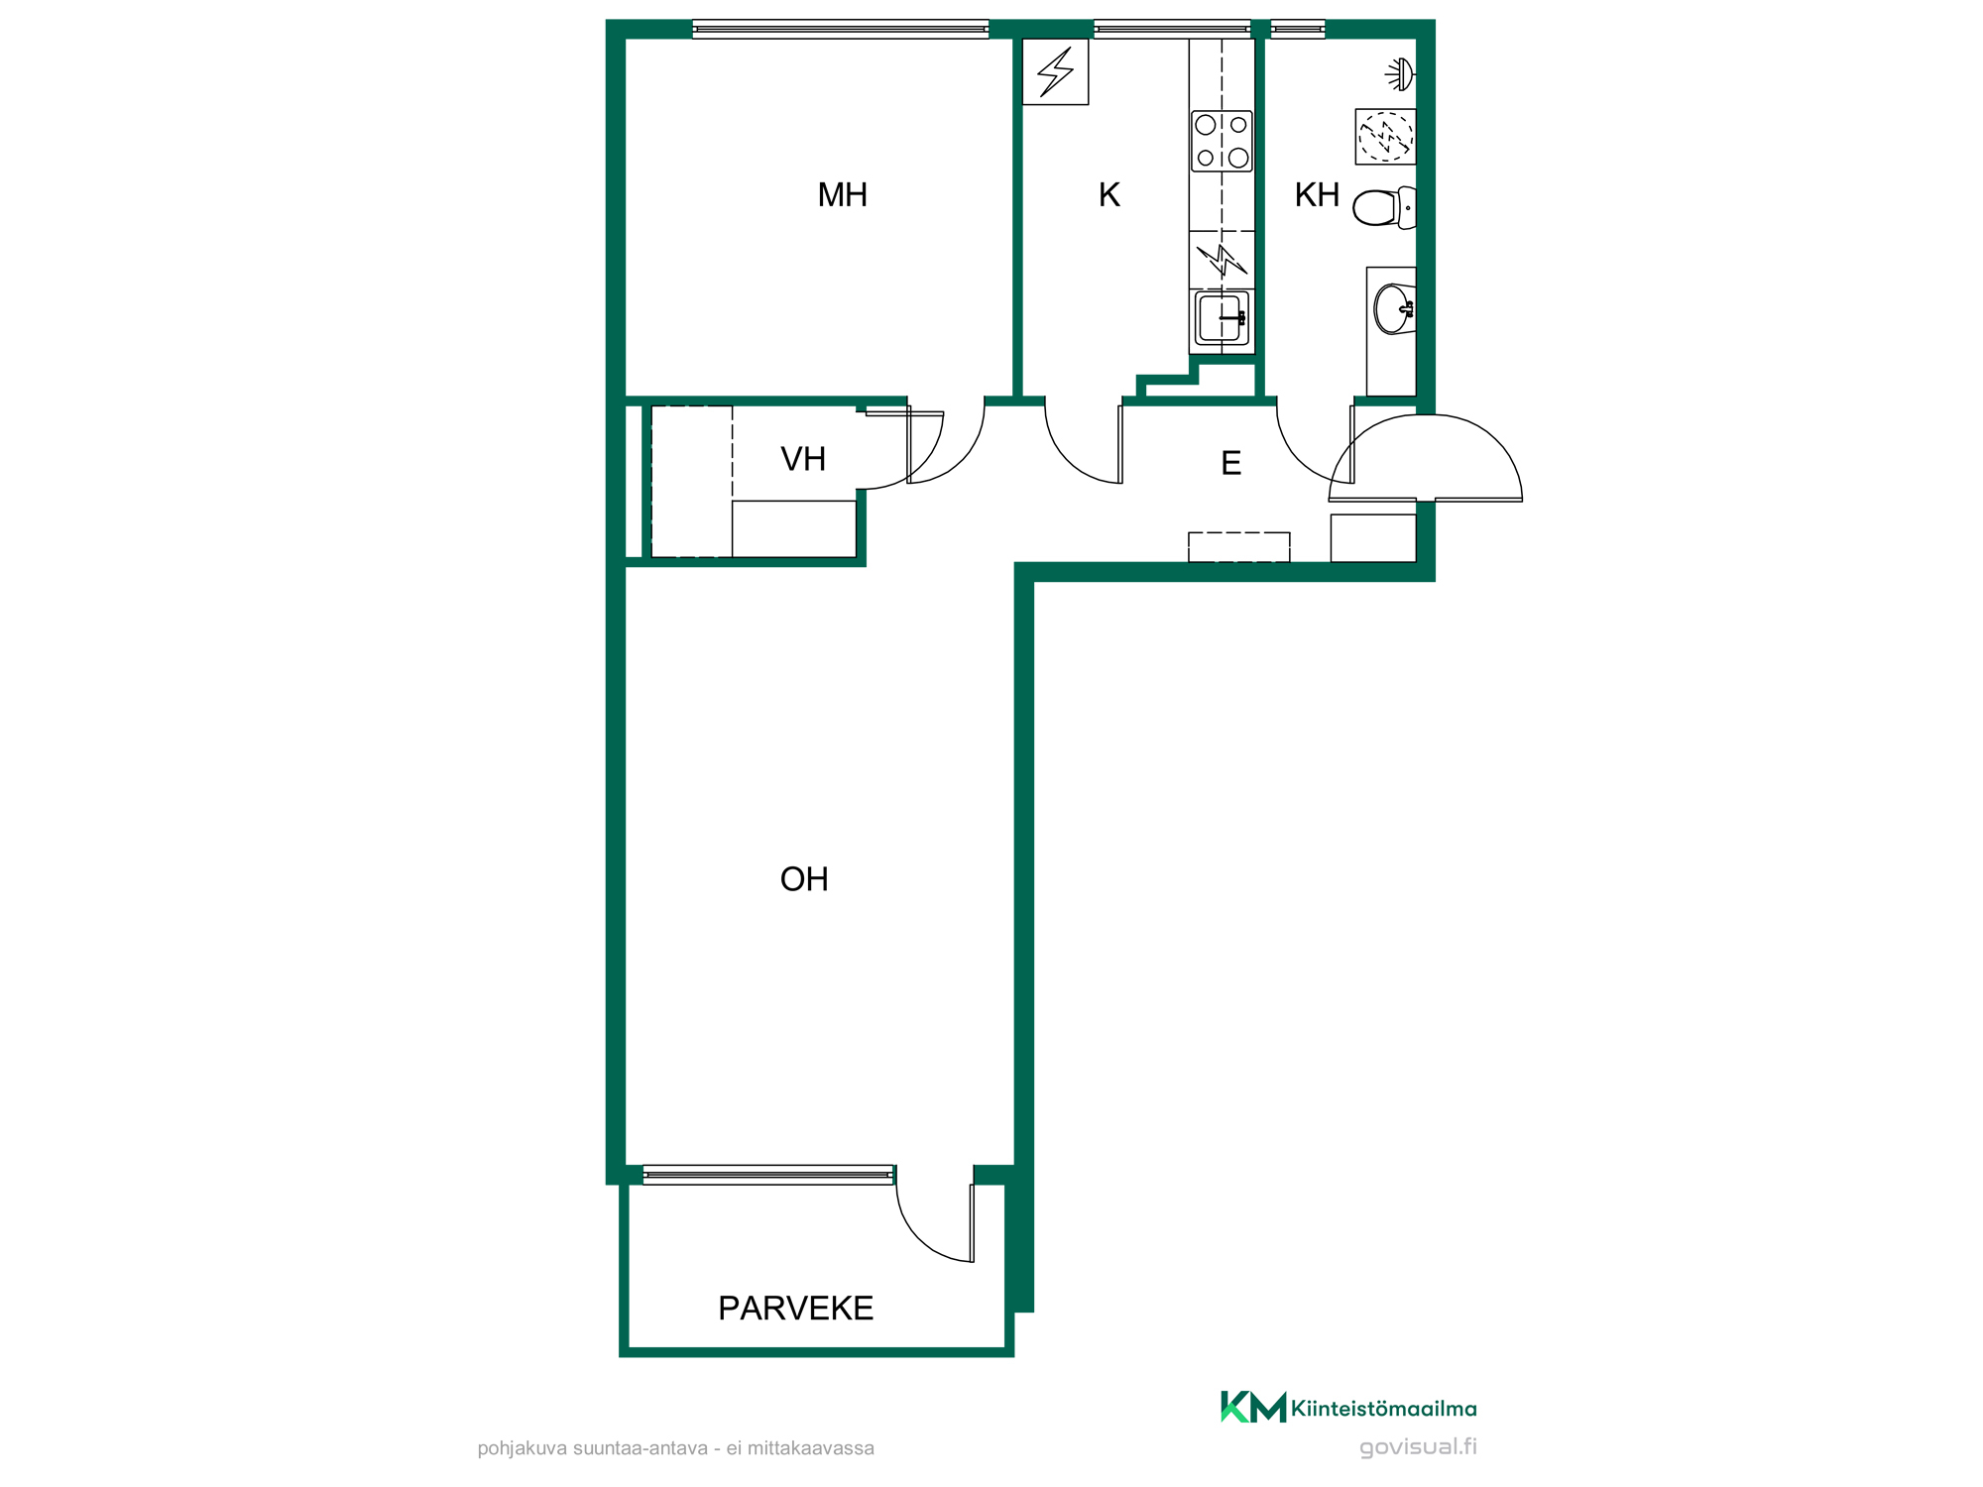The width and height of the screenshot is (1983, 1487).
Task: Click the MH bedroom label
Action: coord(842,195)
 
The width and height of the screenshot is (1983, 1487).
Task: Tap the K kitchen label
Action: coord(1109,195)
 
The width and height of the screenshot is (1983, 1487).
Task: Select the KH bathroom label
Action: coord(1317,195)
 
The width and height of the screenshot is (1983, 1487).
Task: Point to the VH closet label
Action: coord(803,459)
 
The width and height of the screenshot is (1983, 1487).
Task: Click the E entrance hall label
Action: coord(1231,463)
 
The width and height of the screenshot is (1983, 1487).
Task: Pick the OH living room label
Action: coord(804,879)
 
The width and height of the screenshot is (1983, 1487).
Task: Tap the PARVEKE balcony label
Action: coord(796,1309)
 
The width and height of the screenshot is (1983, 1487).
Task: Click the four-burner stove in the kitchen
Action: coord(1222,141)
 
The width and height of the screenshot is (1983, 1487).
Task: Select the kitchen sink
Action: coord(1222,318)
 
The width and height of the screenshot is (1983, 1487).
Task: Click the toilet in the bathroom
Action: coord(1384,208)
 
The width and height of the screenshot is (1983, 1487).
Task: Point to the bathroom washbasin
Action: coord(1394,309)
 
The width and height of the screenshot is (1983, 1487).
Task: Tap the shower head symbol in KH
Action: coord(1400,74)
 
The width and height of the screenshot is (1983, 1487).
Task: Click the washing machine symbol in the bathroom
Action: coord(1385,136)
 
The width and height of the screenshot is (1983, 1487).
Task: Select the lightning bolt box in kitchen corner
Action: coord(1055,71)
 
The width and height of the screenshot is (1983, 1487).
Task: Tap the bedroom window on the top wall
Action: coord(841,30)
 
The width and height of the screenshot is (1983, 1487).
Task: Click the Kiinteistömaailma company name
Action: coord(1383,1409)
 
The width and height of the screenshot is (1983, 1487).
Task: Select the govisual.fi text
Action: coord(1418,1447)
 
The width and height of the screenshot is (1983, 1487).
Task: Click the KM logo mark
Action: coord(1253,1407)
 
